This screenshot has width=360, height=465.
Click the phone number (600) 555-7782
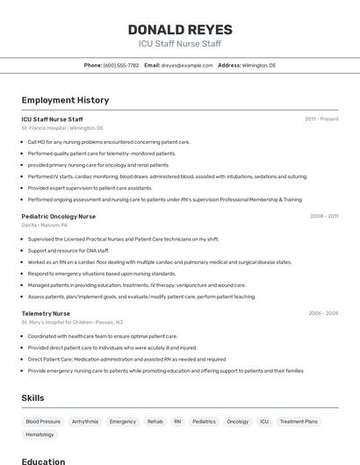pyautogui.click(x=121, y=65)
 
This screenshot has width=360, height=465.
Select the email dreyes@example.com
pyautogui.click(x=187, y=65)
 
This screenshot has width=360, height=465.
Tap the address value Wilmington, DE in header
pyautogui.click(x=259, y=65)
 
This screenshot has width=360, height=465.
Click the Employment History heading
pyautogui.click(x=65, y=100)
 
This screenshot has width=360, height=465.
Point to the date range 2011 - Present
pyautogui.click(x=321, y=118)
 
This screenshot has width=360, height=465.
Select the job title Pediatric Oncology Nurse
pyautogui.click(x=60, y=216)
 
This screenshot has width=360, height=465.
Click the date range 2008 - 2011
pyautogui.click(x=324, y=216)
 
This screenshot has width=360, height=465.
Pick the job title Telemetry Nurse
pyautogui.click(x=46, y=313)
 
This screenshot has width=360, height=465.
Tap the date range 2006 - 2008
pyautogui.click(x=323, y=313)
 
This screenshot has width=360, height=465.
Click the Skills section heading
pyautogui.click(x=32, y=397)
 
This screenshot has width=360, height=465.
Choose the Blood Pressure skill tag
pyautogui.click(x=43, y=421)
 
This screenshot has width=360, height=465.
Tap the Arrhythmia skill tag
pyautogui.click(x=85, y=421)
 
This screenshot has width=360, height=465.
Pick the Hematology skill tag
pyautogui.click(x=40, y=434)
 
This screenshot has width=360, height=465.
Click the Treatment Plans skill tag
pyautogui.click(x=299, y=421)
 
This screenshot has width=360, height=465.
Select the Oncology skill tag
pyautogui.click(x=237, y=421)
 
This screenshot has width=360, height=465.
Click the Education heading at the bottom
pyautogui.click(x=43, y=461)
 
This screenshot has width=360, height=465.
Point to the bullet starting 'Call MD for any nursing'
pyautogui.click(x=109, y=141)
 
